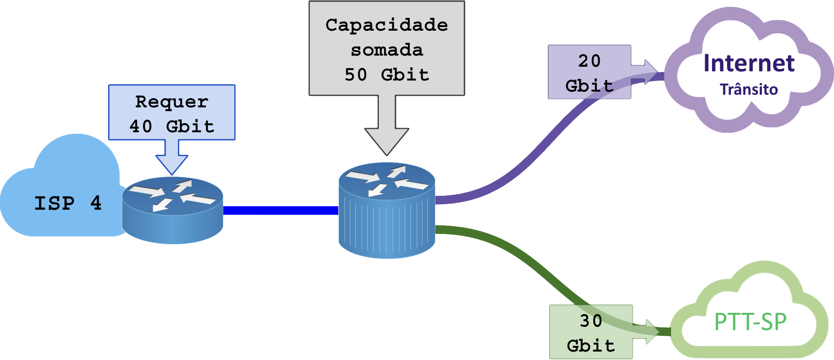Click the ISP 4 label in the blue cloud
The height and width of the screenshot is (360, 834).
(x=68, y=203)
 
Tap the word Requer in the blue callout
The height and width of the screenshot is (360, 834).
(x=172, y=102)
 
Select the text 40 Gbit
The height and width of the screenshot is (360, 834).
(x=172, y=127)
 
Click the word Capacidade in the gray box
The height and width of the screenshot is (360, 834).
(x=387, y=25)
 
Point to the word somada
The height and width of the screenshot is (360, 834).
(x=387, y=50)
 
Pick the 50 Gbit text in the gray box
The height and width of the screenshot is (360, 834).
(x=387, y=75)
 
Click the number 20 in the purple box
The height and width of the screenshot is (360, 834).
(x=589, y=61)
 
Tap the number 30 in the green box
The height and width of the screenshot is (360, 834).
(x=591, y=321)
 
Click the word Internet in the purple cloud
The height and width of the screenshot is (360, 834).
(x=749, y=63)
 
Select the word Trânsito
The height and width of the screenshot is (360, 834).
(x=749, y=89)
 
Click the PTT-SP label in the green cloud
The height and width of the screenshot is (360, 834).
(x=750, y=322)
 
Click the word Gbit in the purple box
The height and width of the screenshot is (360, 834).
(x=589, y=86)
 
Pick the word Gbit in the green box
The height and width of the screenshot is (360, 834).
(x=591, y=346)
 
